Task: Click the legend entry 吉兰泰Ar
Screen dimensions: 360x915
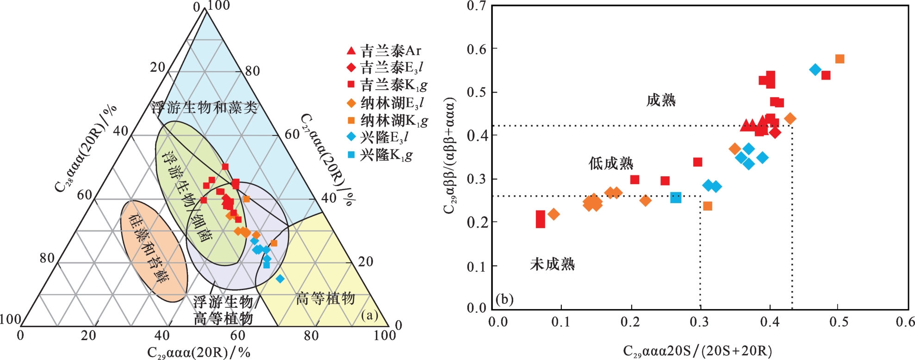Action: point(384,50)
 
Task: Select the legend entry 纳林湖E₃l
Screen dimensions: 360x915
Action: point(385,103)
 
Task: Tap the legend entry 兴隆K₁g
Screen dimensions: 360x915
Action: point(380,155)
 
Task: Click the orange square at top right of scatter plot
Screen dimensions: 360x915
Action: point(840,59)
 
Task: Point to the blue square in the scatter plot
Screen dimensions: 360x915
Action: point(676,198)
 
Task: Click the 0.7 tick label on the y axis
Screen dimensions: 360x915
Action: point(476,6)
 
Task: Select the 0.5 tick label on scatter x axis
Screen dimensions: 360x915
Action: point(839,322)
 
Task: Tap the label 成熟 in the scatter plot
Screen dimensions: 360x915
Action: point(661,100)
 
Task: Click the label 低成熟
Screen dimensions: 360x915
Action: point(611,163)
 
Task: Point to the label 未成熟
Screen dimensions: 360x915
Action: point(552,264)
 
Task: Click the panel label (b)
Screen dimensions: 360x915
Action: point(504,299)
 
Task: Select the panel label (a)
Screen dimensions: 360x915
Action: point(369,316)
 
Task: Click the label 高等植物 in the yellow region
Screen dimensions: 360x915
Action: point(325,298)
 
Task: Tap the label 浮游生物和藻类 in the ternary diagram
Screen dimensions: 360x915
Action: point(204,107)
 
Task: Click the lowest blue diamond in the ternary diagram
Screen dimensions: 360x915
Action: point(280,279)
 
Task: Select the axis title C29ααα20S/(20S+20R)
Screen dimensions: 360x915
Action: point(697,351)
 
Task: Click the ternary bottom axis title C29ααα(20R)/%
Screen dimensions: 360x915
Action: point(199,353)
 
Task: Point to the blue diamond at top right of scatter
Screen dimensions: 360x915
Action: point(815,70)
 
